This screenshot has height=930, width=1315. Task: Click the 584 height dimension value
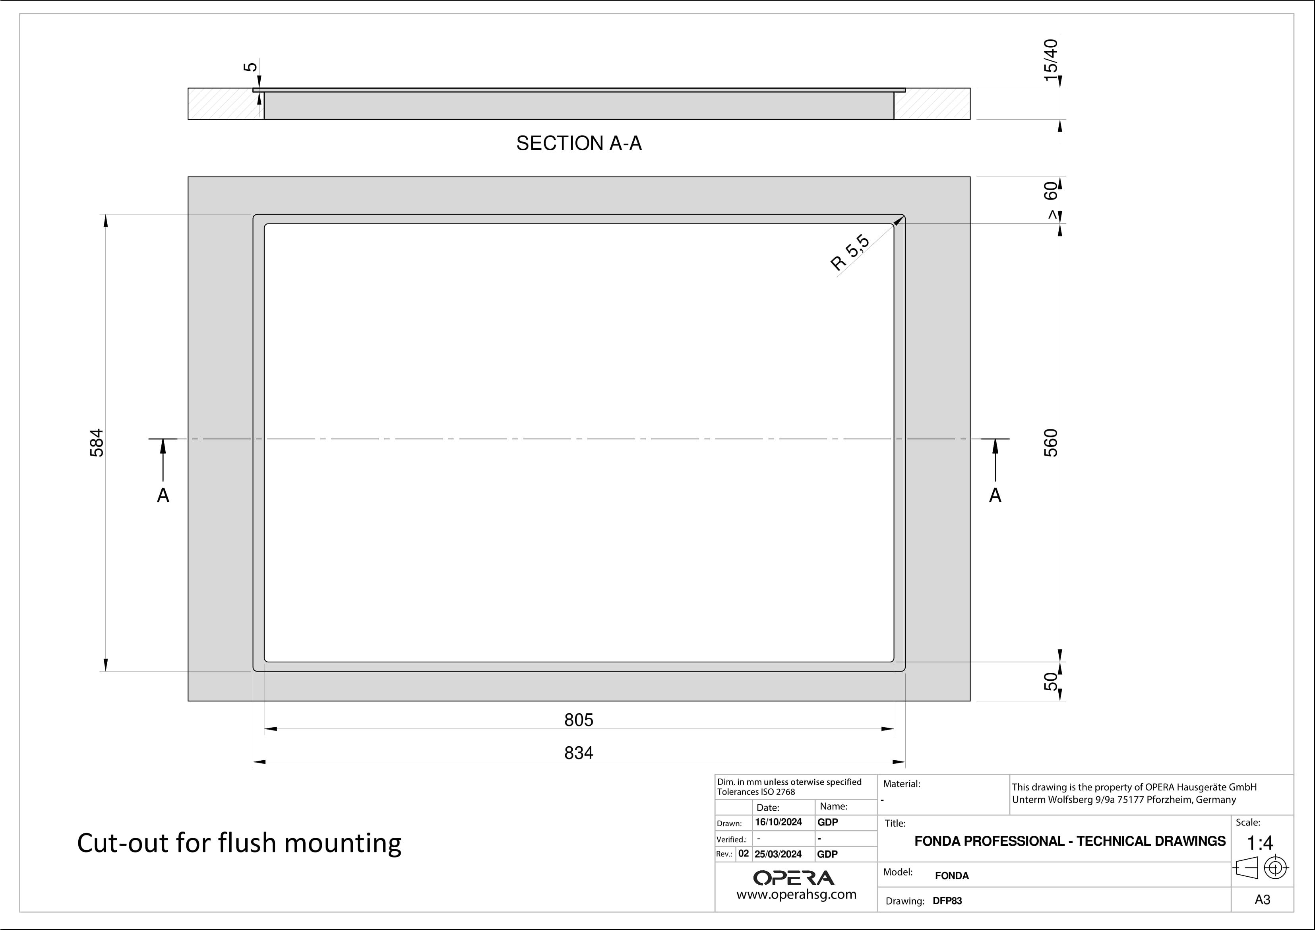[97, 443]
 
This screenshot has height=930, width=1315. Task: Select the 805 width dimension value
[579, 720]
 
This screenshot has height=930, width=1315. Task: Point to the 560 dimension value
[1050, 443]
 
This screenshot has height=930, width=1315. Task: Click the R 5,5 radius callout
[850, 253]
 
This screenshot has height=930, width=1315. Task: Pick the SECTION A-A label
[579, 143]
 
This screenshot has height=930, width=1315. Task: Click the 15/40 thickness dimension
[1050, 60]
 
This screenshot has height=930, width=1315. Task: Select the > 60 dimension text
[1050, 200]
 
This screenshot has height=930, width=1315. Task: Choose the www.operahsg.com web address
[796, 895]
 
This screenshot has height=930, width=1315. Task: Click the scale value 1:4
[1260, 843]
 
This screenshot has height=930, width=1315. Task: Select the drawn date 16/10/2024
[779, 822]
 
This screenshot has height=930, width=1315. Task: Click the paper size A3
[1262, 900]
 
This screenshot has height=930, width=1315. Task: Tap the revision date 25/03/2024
[778, 854]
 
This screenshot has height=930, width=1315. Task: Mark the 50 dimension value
[1050, 682]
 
